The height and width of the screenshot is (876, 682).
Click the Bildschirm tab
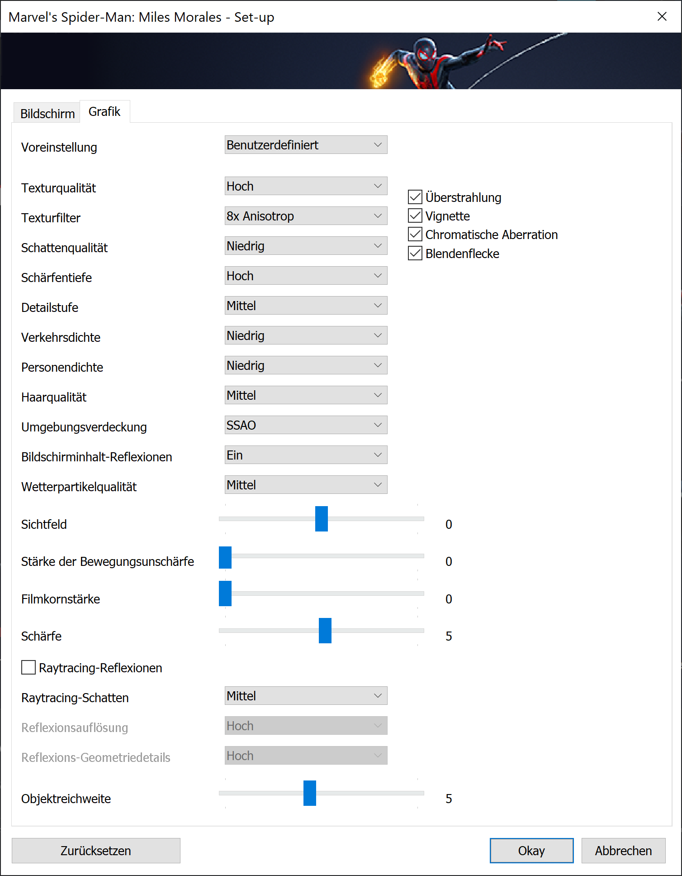(x=47, y=113)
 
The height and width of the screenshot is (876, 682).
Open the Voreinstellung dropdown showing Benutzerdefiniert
(x=306, y=145)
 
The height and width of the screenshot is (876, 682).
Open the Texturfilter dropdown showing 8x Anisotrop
(x=306, y=216)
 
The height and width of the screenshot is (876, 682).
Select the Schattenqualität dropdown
(x=306, y=246)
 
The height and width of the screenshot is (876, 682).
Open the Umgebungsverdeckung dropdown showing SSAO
(x=306, y=425)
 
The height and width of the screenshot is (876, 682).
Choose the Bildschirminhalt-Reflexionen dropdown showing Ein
(x=306, y=455)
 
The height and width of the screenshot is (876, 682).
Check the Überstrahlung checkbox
(x=415, y=197)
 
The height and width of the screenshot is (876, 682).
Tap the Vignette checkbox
(x=415, y=215)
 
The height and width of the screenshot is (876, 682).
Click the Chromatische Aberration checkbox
(x=415, y=235)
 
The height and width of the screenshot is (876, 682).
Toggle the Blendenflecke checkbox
(x=415, y=253)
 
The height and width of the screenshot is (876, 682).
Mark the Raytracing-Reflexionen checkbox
(x=28, y=667)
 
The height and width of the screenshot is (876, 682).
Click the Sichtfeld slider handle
(x=322, y=519)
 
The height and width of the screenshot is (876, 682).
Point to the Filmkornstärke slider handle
(x=225, y=594)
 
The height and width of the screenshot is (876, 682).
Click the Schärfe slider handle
(x=325, y=631)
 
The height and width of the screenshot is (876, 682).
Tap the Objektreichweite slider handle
(x=310, y=793)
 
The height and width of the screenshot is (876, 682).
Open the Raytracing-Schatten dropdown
(x=306, y=696)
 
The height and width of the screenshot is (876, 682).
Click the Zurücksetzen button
(x=96, y=851)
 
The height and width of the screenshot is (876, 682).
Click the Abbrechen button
(x=623, y=851)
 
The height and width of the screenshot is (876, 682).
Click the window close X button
(x=662, y=17)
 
